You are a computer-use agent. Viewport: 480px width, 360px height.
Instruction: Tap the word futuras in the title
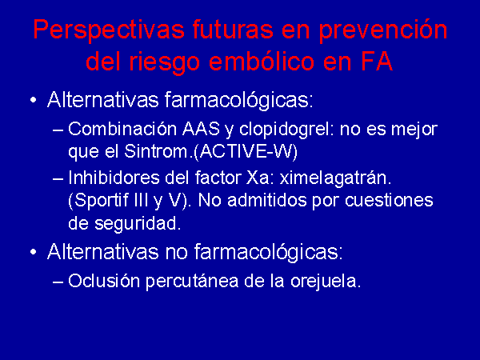tap(233, 30)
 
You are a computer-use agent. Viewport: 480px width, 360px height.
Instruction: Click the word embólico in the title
tap(262, 62)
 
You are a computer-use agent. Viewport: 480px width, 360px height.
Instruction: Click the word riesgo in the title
tap(165, 62)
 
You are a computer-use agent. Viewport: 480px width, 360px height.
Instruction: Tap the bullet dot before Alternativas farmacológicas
tap(33, 100)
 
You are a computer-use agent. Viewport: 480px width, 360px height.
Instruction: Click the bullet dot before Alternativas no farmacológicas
tap(33, 252)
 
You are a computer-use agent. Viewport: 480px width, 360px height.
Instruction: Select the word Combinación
tap(122, 129)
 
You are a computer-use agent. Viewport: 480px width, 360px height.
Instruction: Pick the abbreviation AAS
tap(201, 129)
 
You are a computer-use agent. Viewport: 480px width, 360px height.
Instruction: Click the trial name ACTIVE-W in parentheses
tap(246, 152)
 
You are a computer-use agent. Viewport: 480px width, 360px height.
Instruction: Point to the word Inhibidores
tap(114, 178)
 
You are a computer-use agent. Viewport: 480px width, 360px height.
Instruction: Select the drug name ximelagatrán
tap(335, 178)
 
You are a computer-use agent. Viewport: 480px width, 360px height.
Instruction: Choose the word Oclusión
tap(104, 281)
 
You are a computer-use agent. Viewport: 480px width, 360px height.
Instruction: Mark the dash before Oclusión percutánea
tap(58, 282)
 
